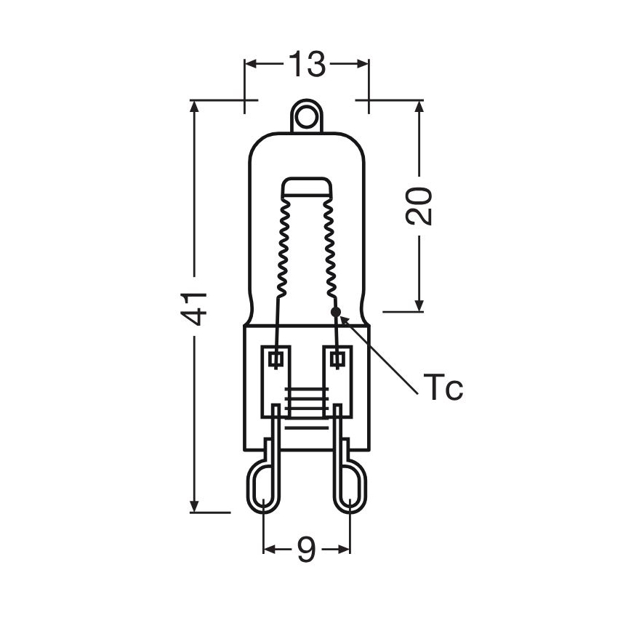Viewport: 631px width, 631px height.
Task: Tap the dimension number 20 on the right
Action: (x=419, y=206)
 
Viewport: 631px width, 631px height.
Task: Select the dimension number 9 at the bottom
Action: (x=306, y=550)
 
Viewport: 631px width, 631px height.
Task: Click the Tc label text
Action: (x=442, y=389)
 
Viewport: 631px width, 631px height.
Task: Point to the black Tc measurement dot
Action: (x=335, y=312)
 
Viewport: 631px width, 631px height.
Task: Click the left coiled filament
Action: (x=284, y=247)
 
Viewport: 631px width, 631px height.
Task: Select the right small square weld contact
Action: (x=337, y=358)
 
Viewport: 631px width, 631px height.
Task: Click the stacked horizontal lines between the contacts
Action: (x=306, y=402)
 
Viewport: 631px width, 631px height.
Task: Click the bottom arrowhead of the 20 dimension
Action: (x=419, y=305)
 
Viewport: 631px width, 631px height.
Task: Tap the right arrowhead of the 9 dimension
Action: (x=345, y=550)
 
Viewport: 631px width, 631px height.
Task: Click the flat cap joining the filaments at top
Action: (x=306, y=186)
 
